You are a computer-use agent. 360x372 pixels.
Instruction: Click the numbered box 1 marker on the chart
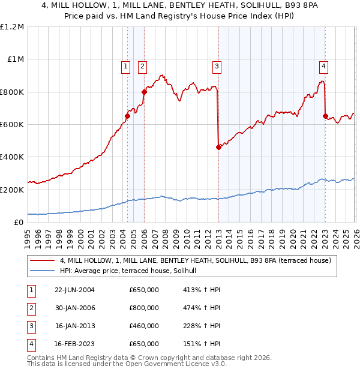(126, 67)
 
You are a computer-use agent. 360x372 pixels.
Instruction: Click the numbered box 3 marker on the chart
(217, 67)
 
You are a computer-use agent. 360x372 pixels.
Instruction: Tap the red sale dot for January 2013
(218, 147)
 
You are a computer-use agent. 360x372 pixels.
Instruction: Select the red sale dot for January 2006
(144, 92)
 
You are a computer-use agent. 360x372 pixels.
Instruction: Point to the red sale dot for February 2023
(325, 116)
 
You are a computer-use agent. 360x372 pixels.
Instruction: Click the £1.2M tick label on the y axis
(12, 26)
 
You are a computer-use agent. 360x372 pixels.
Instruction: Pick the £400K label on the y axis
(12, 157)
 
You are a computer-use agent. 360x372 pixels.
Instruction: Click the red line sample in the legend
(42, 260)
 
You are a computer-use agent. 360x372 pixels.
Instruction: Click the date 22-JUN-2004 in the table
(74, 290)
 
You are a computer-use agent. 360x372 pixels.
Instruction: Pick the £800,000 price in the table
(144, 308)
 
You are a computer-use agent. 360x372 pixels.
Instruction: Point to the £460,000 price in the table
(144, 326)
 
